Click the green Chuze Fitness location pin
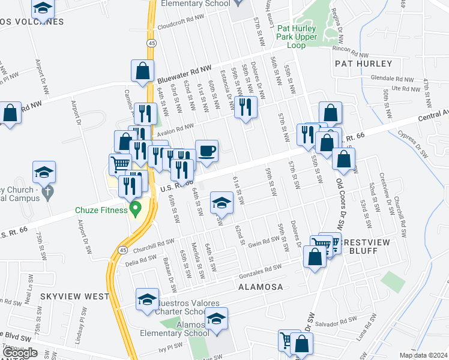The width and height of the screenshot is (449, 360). [136, 209]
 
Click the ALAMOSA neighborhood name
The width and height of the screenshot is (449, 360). [261, 287]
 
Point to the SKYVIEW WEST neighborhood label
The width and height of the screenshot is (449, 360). [75, 296]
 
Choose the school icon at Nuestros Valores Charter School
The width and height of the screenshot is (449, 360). [146, 299]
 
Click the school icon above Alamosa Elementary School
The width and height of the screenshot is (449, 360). [217, 317]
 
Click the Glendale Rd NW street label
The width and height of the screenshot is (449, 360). [392, 79]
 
